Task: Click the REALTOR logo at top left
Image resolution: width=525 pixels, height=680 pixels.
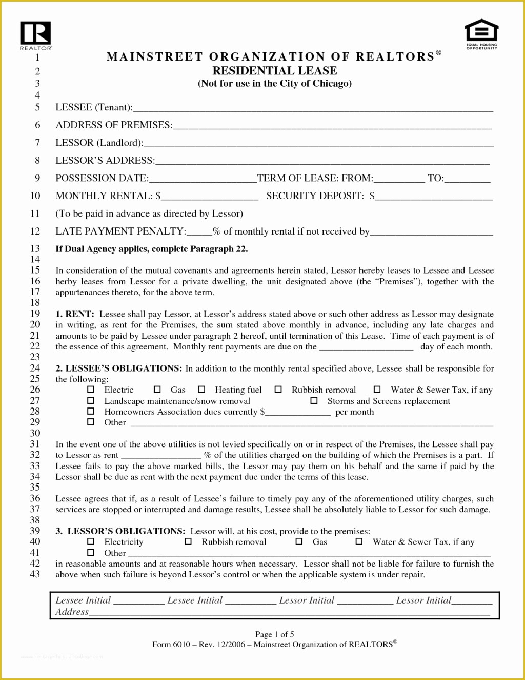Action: (35, 34)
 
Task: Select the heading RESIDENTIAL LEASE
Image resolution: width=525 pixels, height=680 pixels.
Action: (275, 71)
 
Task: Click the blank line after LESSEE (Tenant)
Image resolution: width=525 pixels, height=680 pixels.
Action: (313, 108)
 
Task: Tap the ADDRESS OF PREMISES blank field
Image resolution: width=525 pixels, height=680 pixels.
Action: (332, 126)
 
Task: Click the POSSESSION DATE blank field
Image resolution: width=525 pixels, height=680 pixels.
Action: (203, 179)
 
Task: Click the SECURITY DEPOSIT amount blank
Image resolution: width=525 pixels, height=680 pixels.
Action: (434, 197)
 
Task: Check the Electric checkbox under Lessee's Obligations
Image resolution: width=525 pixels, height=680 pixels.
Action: (91, 390)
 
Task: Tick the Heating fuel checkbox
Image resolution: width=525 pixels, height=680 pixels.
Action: (201, 390)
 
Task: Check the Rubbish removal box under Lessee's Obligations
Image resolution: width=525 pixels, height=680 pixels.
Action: (278, 390)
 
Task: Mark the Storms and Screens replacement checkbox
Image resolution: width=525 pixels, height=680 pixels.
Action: (314, 400)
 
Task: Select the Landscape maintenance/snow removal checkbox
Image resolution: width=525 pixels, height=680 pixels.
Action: (91, 400)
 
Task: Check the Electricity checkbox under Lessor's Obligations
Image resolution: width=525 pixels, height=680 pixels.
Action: (91, 541)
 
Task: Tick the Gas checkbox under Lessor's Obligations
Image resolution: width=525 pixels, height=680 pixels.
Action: (299, 541)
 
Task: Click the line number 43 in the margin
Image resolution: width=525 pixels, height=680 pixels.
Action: (35, 574)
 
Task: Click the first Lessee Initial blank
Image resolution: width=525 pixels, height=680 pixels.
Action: (138, 601)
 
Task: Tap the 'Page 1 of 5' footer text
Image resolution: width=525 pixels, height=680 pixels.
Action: (274, 634)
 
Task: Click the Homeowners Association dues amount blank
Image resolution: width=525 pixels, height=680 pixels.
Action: (297, 413)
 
